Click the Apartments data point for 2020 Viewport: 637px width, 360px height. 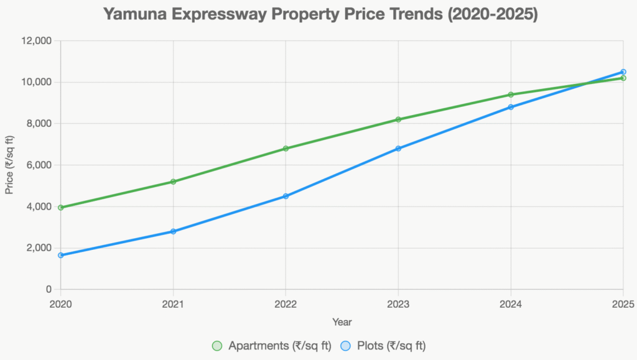(60, 208)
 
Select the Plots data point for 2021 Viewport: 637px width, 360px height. (173, 231)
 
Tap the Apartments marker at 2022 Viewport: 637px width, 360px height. (286, 149)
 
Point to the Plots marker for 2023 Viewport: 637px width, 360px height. (398, 149)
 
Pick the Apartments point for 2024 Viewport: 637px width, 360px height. (511, 95)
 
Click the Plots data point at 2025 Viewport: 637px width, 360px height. (623, 72)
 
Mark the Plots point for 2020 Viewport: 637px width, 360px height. (60, 255)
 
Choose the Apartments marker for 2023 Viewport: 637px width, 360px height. (398, 119)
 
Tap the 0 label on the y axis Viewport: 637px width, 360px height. (49, 290)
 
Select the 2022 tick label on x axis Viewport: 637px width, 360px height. (286, 304)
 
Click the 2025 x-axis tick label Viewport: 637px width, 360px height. (623, 304)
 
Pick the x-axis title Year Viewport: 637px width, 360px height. (342, 322)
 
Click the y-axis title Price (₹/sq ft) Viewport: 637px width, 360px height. (9, 165)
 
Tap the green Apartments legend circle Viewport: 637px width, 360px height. (217, 346)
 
